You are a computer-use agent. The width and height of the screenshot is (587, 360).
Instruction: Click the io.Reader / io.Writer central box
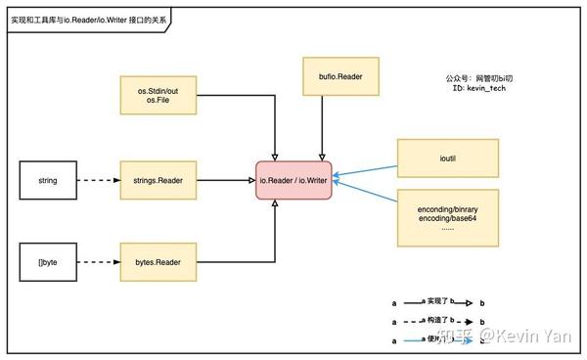click(x=294, y=180)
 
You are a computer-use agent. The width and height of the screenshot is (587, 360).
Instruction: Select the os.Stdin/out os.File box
click(x=157, y=98)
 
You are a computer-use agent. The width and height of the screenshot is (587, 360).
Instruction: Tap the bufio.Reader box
click(x=323, y=76)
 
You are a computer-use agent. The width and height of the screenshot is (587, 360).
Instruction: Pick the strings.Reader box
click(x=157, y=180)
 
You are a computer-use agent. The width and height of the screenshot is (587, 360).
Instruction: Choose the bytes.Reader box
click(x=157, y=262)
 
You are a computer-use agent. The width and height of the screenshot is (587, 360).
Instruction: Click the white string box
click(x=47, y=180)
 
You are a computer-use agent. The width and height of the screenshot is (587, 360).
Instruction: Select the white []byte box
click(x=47, y=262)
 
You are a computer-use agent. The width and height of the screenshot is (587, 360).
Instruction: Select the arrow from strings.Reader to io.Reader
click(x=225, y=180)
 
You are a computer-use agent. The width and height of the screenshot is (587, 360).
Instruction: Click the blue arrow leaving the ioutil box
click(x=367, y=169)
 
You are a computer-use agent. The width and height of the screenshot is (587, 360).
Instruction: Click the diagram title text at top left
click(x=93, y=17)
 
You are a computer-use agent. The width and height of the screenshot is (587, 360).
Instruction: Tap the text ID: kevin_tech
click(x=479, y=88)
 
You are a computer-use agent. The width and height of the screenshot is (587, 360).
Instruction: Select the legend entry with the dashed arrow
click(x=440, y=321)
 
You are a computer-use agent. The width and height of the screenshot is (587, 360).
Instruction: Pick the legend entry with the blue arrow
click(x=440, y=339)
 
